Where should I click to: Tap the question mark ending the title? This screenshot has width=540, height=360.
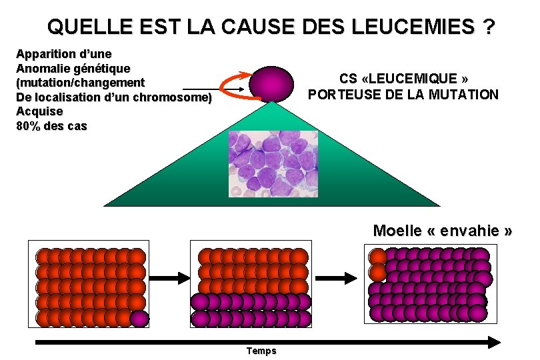pyautogui.click(x=490, y=27)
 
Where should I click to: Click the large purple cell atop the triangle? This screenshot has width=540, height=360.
pyautogui.click(x=271, y=83)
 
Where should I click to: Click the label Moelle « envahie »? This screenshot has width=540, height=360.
pyautogui.click(x=443, y=231)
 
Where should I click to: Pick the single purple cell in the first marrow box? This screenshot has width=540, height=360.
pyautogui.click(x=139, y=318)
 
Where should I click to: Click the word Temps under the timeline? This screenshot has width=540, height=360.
pyautogui.click(x=261, y=351)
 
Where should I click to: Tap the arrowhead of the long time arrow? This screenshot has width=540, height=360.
pyautogui.click(x=493, y=342)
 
